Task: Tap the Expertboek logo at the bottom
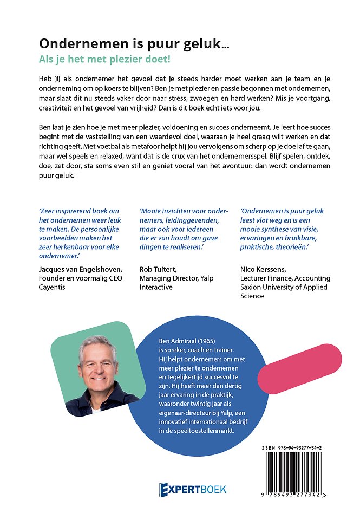pos(192,489)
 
